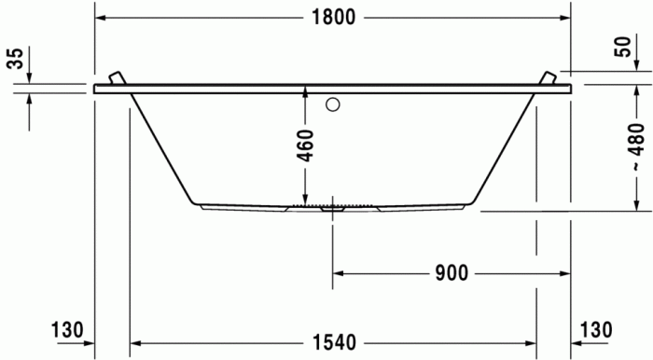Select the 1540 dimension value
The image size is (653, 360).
pyautogui.click(x=334, y=342)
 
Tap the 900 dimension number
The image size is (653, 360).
pyautogui.click(x=451, y=273)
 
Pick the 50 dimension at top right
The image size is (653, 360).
pyautogui.click(x=622, y=48)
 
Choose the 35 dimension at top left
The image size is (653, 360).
pyautogui.click(x=14, y=59)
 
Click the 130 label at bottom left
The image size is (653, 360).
pyautogui.click(x=67, y=329)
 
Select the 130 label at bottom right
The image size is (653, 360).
pyautogui.click(x=596, y=329)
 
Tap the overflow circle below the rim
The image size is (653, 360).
pyautogui.click(x=331, y=104)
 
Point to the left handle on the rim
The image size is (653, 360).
pyautogui.click(x=116, y=77)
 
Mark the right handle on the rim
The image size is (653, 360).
pyautogui.click(x=549, y=77)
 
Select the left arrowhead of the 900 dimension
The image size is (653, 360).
pyautogui.click(x=339, y=273)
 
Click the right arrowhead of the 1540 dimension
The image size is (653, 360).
pyautogui.click(x=531, y=342)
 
